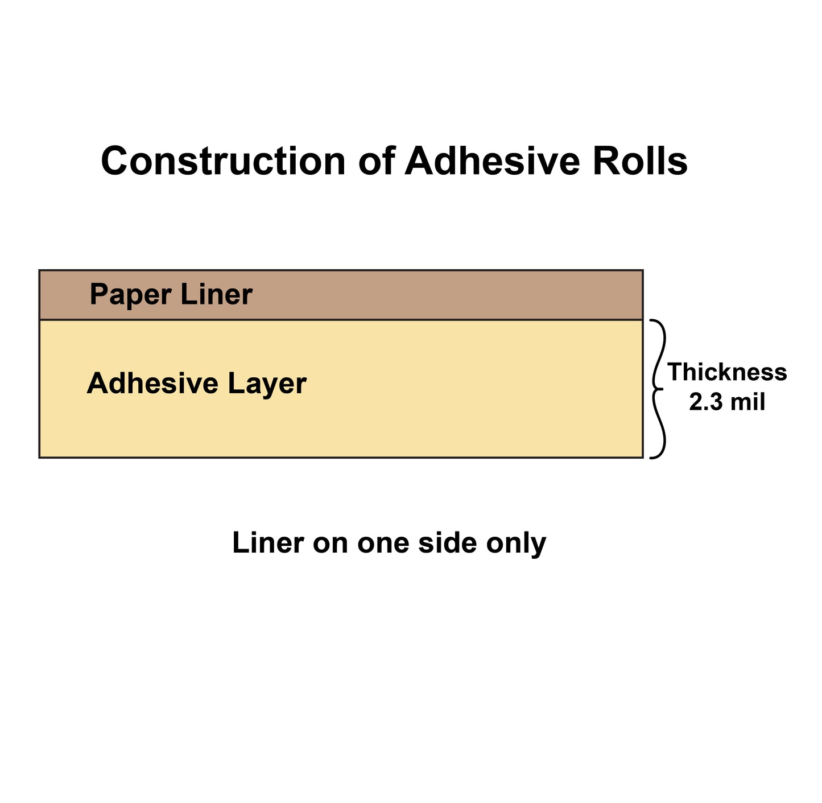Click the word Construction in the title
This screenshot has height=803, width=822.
[x=223, y=161]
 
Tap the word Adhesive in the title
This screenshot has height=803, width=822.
[x=492, y=161]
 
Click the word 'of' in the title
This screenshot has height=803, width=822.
[x=376, y=161]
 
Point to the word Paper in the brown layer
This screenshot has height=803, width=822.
[x=130, y=295]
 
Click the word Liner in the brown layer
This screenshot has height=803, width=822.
[x=216, y=295]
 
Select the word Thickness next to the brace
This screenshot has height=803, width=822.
[x=727, y=372]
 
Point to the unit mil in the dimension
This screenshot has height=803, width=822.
[x=747, y=402]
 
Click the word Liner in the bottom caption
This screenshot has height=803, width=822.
[x=268, y=543]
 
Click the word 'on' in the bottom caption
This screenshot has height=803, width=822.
[x=331, y=543]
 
